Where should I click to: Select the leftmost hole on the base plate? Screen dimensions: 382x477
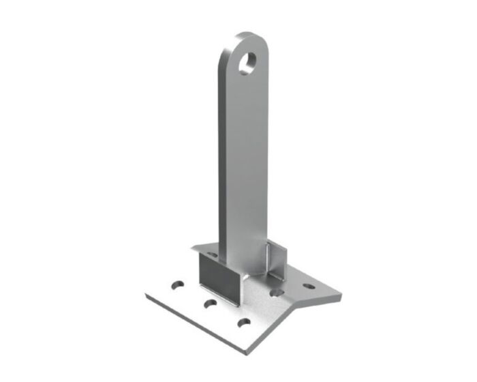[x=178, y=282]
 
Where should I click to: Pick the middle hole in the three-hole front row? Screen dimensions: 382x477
[x=210, y=302]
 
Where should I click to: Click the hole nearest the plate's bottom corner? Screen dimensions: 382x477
[x=242, y=323]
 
